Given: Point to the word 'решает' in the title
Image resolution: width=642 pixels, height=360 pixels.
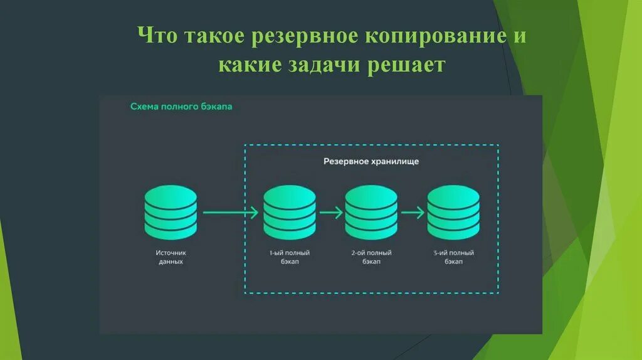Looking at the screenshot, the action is pos(408,65).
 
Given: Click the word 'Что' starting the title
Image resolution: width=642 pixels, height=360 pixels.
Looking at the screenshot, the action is pos(158,36).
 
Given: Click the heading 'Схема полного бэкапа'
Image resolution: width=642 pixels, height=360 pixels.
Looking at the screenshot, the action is pos(181,107).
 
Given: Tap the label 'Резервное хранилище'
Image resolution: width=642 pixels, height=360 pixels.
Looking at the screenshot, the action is pos(371,161).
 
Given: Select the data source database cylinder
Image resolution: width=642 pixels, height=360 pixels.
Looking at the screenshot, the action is pos(171,211).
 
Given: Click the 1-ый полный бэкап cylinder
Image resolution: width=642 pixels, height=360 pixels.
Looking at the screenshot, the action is pos(290,211).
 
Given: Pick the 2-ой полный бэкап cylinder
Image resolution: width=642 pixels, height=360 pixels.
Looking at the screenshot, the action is pos(371,211).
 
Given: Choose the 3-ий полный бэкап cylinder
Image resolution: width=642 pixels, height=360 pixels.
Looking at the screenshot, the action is pos(453,211).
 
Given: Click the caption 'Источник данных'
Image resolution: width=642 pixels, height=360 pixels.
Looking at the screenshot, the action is pos(171,257).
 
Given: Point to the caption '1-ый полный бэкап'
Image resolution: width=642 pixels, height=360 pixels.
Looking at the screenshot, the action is pos(290,257).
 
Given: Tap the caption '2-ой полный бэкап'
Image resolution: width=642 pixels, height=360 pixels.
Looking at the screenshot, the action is pos(371,257).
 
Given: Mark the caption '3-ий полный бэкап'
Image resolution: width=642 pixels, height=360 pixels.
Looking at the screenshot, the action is pos(453,257).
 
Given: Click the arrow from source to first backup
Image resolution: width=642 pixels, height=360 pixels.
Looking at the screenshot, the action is pos(230,213).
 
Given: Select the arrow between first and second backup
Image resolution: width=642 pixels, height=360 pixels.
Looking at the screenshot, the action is pos(330,213).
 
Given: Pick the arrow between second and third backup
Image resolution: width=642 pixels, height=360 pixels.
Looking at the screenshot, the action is pos(413,213).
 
